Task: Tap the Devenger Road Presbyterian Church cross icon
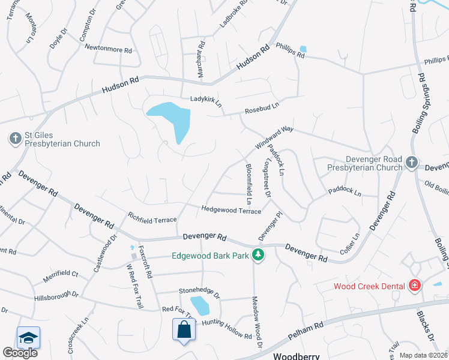point(411,162)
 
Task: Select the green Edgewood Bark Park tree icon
point(258,256)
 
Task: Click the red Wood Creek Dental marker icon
point(414,286)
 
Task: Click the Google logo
point(20,353)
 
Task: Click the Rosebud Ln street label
point(262,109)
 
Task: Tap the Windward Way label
point(273,137)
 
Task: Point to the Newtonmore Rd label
point(108,49)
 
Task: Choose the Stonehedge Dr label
point(199,293)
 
